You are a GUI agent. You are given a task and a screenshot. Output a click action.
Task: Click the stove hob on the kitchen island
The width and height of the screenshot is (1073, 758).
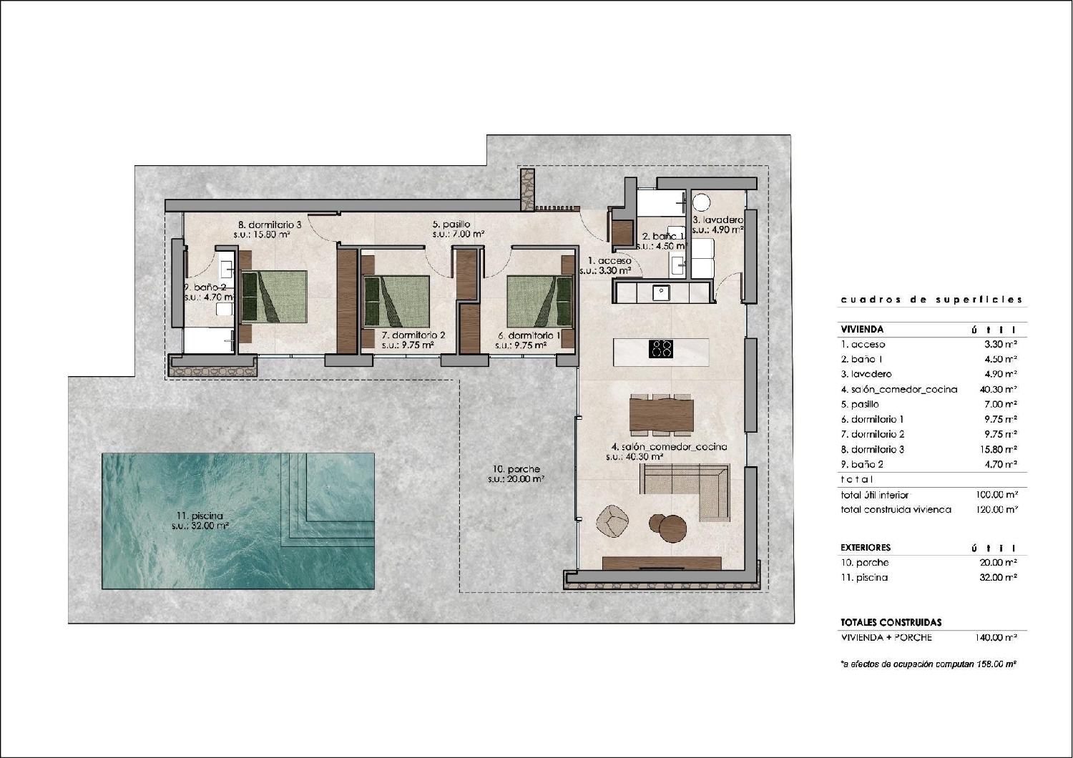[x=660, y=349]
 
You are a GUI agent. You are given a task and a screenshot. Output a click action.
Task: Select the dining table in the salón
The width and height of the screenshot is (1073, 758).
[x=662, y=413]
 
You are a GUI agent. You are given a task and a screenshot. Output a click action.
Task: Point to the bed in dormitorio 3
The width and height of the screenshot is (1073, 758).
[x=274, y=297]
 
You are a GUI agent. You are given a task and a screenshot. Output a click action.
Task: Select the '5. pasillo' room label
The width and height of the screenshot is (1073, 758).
[x=451, y=224]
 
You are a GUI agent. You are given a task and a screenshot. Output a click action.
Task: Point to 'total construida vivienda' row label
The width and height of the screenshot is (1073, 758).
[x=896, y=510]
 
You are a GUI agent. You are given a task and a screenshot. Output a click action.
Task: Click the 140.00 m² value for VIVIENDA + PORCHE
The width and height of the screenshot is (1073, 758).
[x=996, y=637]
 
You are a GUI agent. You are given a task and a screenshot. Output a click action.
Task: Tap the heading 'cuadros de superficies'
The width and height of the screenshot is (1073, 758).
[x=931, y=300]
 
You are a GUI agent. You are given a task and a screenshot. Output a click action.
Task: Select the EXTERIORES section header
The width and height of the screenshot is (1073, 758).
[x=865, y=548]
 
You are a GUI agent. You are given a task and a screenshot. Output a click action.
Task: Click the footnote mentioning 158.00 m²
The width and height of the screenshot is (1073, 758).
[x=929, y=664]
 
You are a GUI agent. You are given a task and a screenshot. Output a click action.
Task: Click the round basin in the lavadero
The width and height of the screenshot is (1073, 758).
[x=701, y=202]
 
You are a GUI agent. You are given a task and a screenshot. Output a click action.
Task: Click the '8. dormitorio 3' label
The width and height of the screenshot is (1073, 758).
[x=269, y=224]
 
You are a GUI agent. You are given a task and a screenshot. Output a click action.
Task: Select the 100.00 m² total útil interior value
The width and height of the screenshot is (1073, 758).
[x=996, y=494]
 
